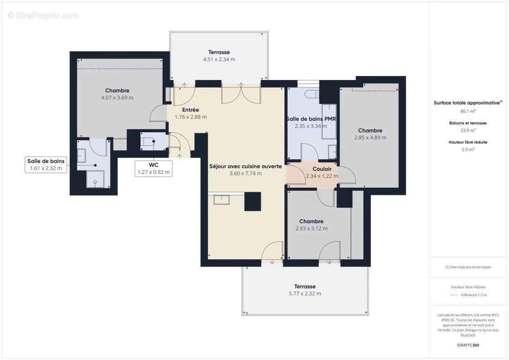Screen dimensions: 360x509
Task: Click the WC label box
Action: [154, 168]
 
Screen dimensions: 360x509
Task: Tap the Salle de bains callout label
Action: [46, 165]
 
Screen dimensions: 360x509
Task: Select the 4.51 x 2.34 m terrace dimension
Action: [219, 59]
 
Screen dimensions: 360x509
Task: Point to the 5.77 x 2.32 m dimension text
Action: [305, 293]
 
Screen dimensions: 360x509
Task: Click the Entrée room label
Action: [190, 110]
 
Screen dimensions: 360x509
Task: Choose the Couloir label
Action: [322, 169]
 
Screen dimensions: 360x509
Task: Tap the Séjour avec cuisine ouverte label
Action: [245, 166]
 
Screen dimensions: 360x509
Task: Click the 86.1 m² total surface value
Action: [468, 111]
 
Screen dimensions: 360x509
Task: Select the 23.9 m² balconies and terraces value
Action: [468, 130]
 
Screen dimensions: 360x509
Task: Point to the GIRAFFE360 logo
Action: [468, 345]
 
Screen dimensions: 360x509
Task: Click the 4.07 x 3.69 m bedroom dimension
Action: [117, 98]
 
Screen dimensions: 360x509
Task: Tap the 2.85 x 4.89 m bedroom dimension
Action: [370, 138]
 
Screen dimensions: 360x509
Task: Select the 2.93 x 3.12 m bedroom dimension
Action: [311, 229]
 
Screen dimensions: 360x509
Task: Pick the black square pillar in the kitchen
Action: [252, 202]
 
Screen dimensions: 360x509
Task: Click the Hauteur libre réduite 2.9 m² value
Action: [468, 149]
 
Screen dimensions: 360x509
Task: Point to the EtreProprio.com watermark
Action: [43, 15]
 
